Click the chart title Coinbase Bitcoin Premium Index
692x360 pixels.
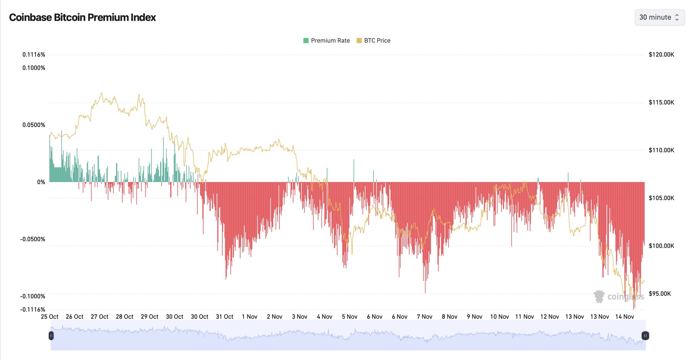click(82, 17)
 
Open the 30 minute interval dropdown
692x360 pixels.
click(659, 17)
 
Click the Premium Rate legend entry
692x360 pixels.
click(327, 41)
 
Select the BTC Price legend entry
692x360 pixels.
click(374, 41)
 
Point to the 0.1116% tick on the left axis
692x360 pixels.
click(34, 55)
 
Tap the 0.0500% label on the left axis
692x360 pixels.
click(34, 125)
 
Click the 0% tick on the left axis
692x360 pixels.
click(41, 182)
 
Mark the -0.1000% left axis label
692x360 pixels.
click(33, 296)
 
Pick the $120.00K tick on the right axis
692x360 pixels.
click(661, 55)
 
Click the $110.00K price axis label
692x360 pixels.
click(661, 150)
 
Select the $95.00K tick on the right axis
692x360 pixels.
click(660, 293)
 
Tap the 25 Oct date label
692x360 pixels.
click(50, 317)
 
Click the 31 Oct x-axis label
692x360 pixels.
click(225, 317)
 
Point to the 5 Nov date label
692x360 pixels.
click(350, 317)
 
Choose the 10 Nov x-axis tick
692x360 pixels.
click(499, 317)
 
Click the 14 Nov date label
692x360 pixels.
click(624, 317)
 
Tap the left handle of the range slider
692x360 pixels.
click(51, 336)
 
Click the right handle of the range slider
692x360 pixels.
click(645, 336)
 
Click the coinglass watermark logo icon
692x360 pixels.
click(599, 297)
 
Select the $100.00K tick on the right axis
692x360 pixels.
click(661, 246)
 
